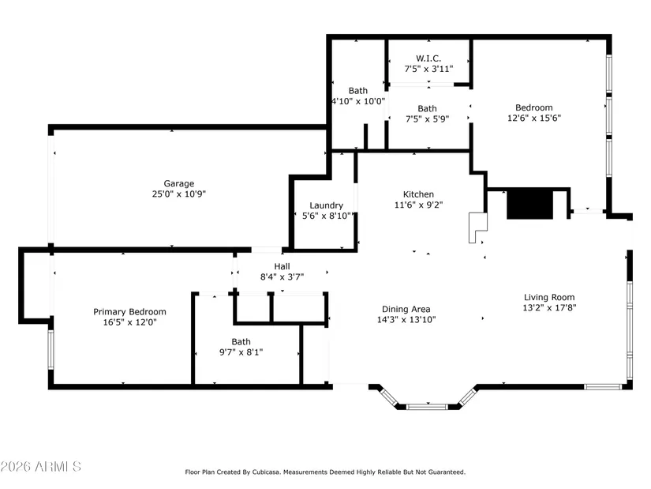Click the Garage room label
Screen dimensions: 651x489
179,183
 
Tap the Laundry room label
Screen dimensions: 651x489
327,205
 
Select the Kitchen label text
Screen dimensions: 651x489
418,194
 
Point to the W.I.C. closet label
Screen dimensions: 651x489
428,58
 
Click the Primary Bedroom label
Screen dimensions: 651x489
129,312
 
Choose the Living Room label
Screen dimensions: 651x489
549,297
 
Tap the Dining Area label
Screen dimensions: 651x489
406,309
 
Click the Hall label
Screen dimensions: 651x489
282,266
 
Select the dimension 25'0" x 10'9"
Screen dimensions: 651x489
179,194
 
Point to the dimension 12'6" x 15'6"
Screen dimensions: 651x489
534,118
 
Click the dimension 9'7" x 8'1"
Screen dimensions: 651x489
241,352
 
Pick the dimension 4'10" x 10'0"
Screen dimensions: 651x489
358,101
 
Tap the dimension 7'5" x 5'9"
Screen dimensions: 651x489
427,119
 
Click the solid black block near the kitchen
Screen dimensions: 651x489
529,204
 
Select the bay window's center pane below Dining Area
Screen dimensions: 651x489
427,406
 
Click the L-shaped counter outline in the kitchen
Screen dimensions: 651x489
477,228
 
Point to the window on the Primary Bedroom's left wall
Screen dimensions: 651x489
51,350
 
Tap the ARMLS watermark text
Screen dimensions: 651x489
41,466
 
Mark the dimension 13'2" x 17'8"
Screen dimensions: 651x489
549,308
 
